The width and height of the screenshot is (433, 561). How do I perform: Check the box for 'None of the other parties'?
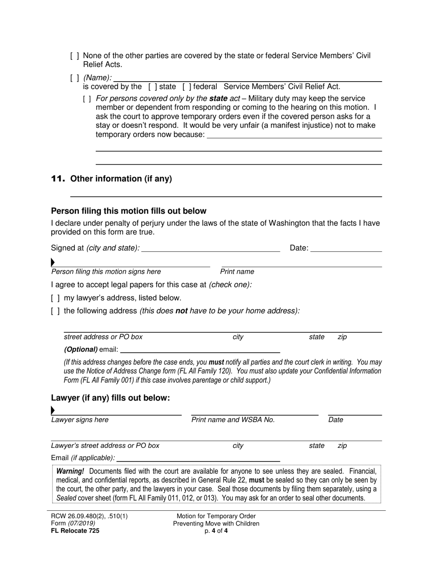pyautogui.click(x=75, y=56)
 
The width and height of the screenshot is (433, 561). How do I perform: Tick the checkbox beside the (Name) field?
pyautogui.click(x=75, y=78)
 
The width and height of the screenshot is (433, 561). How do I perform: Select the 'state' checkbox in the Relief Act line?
pyautogui.click(x=153, y=87)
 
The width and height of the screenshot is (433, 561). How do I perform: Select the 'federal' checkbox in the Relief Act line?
pyautogui.click(x=187, y=87)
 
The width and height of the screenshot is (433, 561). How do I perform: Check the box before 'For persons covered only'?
pyautogui.click(x=87, y=99)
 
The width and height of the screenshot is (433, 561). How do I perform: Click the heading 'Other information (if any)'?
pyautogui.click(x=121, y=179)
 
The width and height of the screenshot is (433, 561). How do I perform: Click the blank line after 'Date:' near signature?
pyautogui.click(x=346, y=249)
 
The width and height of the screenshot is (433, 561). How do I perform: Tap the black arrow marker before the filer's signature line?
pyautogui.click(x=53, y=262)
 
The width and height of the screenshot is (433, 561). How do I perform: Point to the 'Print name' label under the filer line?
pyautogui.click(x=237, y=272)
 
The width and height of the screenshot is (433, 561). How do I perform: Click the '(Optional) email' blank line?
pyautogui.click(x=200, y=350)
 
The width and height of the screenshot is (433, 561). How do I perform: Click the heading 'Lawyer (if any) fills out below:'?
pyautogui.click(x=110, y=398)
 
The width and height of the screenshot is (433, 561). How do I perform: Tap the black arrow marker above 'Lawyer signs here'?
pyautogui.click(x=53, y=410)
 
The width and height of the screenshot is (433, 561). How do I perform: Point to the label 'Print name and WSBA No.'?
pyautogui.click(x=233, y=420)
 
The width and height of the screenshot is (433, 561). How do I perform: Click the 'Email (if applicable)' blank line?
pyautogui.click(x=198, y=458)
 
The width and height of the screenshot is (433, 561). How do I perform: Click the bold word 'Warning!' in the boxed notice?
pyautogui.click(x=70, y=472)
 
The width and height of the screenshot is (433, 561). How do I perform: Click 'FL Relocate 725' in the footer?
pyautogui.click(x=75, y=531)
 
